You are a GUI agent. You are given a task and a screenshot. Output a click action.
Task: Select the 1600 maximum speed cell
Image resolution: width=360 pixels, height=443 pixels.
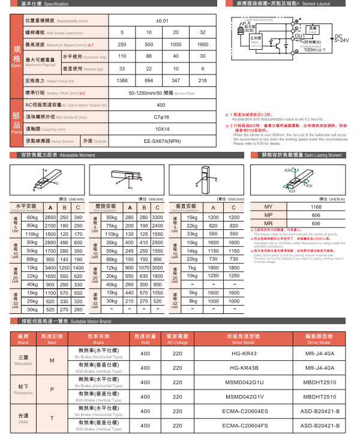pyautogui.click(x=202, y=45)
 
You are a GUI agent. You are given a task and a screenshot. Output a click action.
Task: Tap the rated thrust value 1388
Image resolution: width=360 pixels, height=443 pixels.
pyautogui.click(x=122, y=80)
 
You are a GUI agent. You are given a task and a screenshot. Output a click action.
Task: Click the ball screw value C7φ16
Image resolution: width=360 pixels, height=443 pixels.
pyautogui.click(x=162, y=116)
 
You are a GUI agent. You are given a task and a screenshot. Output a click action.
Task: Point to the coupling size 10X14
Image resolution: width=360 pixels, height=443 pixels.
pyautogui.click(x=162, y=128)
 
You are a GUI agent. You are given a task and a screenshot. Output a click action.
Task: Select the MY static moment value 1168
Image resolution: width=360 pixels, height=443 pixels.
pyautogui.click(x=316, y=207)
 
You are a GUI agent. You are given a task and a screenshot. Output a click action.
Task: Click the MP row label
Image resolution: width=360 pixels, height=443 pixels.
pyautogui.click(x=268, y=215)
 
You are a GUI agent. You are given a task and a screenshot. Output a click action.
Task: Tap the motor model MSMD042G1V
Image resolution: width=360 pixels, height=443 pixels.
pyautogui.click(x=244, y=397)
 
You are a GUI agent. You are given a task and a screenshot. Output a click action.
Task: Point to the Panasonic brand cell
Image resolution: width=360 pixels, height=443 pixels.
pyautogui.click(x=23, y=390)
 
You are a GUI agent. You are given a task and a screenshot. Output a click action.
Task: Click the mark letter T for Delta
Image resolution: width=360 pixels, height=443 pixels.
pyautogui.click(x=52, y=418)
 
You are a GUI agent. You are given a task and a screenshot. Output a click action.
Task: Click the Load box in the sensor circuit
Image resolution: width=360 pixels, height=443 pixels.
pyautogui.click(x=312, y=28)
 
